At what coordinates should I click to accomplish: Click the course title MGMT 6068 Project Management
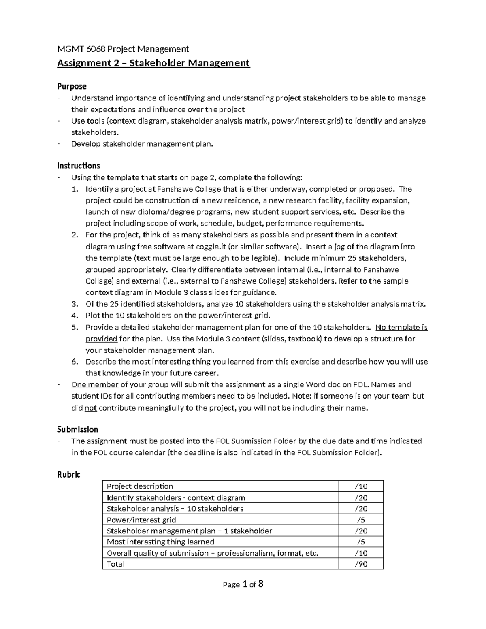click(x=123, y=49)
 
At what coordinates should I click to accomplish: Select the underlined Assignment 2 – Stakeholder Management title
click(x=153, y=63)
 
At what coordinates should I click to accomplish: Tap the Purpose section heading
click(x=72, y=86)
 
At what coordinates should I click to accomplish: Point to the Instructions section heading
click(x=79, y=166)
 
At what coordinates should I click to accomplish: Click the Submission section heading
click(x=77, y=429)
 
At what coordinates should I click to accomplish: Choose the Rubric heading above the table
click(x=68, y=474)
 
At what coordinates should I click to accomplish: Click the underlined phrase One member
click(x=95, y=385)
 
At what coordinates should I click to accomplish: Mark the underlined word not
click(x=90, y=408)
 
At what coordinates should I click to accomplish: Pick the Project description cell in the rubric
click(x=140, y=486)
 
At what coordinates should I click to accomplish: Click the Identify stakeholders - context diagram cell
click(x=176, y=498)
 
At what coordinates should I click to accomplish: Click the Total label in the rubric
click(x=115, y=564)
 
